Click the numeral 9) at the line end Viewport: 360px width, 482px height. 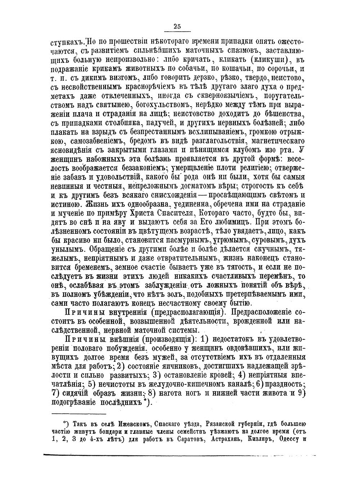pos(302,393)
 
